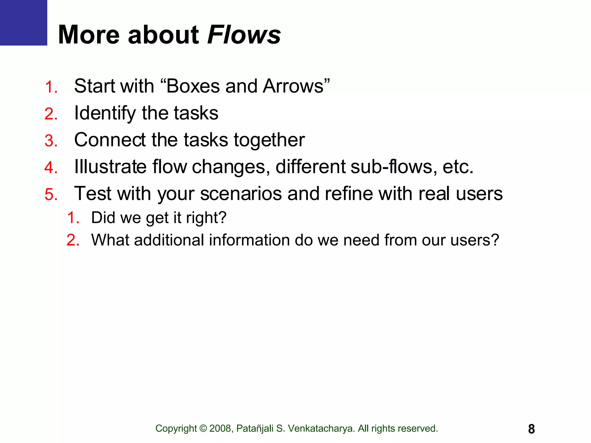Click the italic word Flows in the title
[244, 35]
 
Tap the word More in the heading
[89, 35]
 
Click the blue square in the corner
[23, 22]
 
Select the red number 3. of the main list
[51, 141]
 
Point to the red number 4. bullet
[51, 168]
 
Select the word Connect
[110, 140]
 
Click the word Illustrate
[110, 167]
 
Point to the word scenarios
[241, 194]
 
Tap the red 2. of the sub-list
[73, 240]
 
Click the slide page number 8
[531, 429]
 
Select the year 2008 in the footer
[220, 429]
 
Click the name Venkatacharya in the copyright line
[321, 429]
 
